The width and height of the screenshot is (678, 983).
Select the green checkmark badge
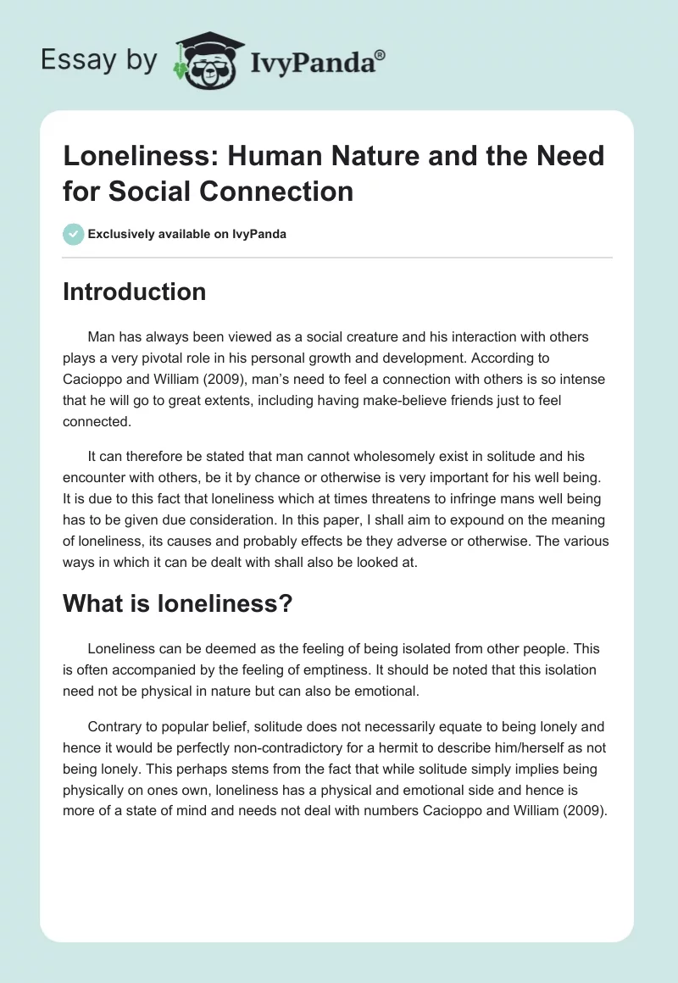74,234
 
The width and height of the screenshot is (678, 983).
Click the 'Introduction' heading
134,292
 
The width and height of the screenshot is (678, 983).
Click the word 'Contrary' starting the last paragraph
115,727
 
